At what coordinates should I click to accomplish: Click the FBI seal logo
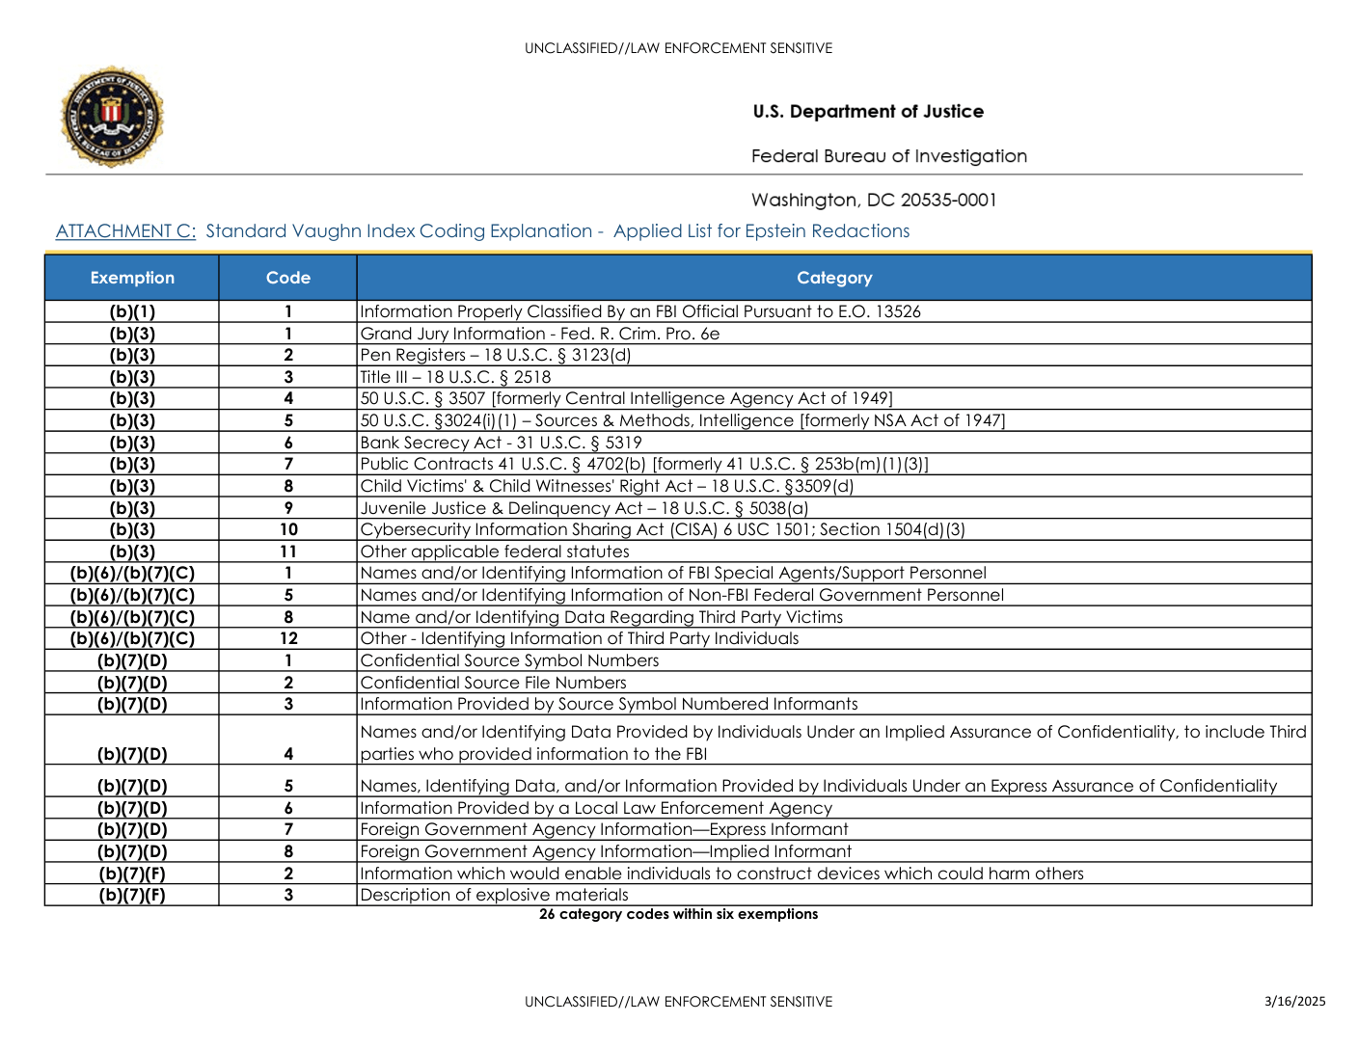click(x=112, y=117)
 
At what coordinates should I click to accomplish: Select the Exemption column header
click(x=132, y=278)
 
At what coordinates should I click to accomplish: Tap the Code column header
click(x=288, y=278)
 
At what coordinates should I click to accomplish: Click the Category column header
click(x=834, y=278)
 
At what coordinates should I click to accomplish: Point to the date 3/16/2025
click(x=1294, y=1001)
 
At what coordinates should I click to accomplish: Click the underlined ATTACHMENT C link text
click(x=125, y=231)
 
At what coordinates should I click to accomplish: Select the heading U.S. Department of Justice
click(x=868, y=112)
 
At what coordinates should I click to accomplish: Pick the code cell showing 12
click(x=288, y=638)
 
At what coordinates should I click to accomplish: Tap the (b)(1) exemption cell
click(x=132, y=311)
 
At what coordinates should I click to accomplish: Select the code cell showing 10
click(x=288, y=529)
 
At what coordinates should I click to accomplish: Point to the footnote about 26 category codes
click(x=678, y=914)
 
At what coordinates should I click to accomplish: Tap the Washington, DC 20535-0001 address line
click(x=874, y=201)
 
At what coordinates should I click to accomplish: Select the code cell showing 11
click(x=288, y=551)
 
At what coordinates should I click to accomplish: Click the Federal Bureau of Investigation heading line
click(x=888, y=156)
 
